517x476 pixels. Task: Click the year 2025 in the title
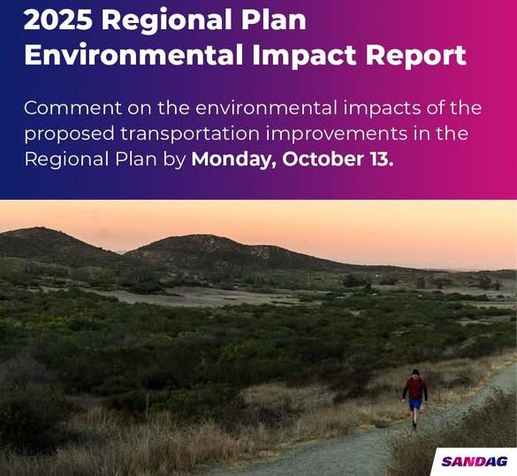(x=58, y=19)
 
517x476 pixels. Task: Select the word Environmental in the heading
(x=133, y=55)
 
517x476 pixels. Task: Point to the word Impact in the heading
(x=304, y=56)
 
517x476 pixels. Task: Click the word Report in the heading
(x=416, y=56)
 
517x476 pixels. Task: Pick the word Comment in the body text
(x=72, y=108)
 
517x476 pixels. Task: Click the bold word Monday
(x=234, y=159)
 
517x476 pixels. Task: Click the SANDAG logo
(x=475, y=462)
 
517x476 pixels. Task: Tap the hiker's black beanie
(x=415, y=372)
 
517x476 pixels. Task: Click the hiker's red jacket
(x=415, y=388)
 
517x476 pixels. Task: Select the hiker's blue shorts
(x=415, y=404)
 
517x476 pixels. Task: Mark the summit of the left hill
(x=39, y=227)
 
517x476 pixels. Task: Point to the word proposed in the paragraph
(x=69, y=134)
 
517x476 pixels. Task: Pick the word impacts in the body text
(x=382, y=109)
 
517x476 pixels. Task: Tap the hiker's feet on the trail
(x=414, y=426)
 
